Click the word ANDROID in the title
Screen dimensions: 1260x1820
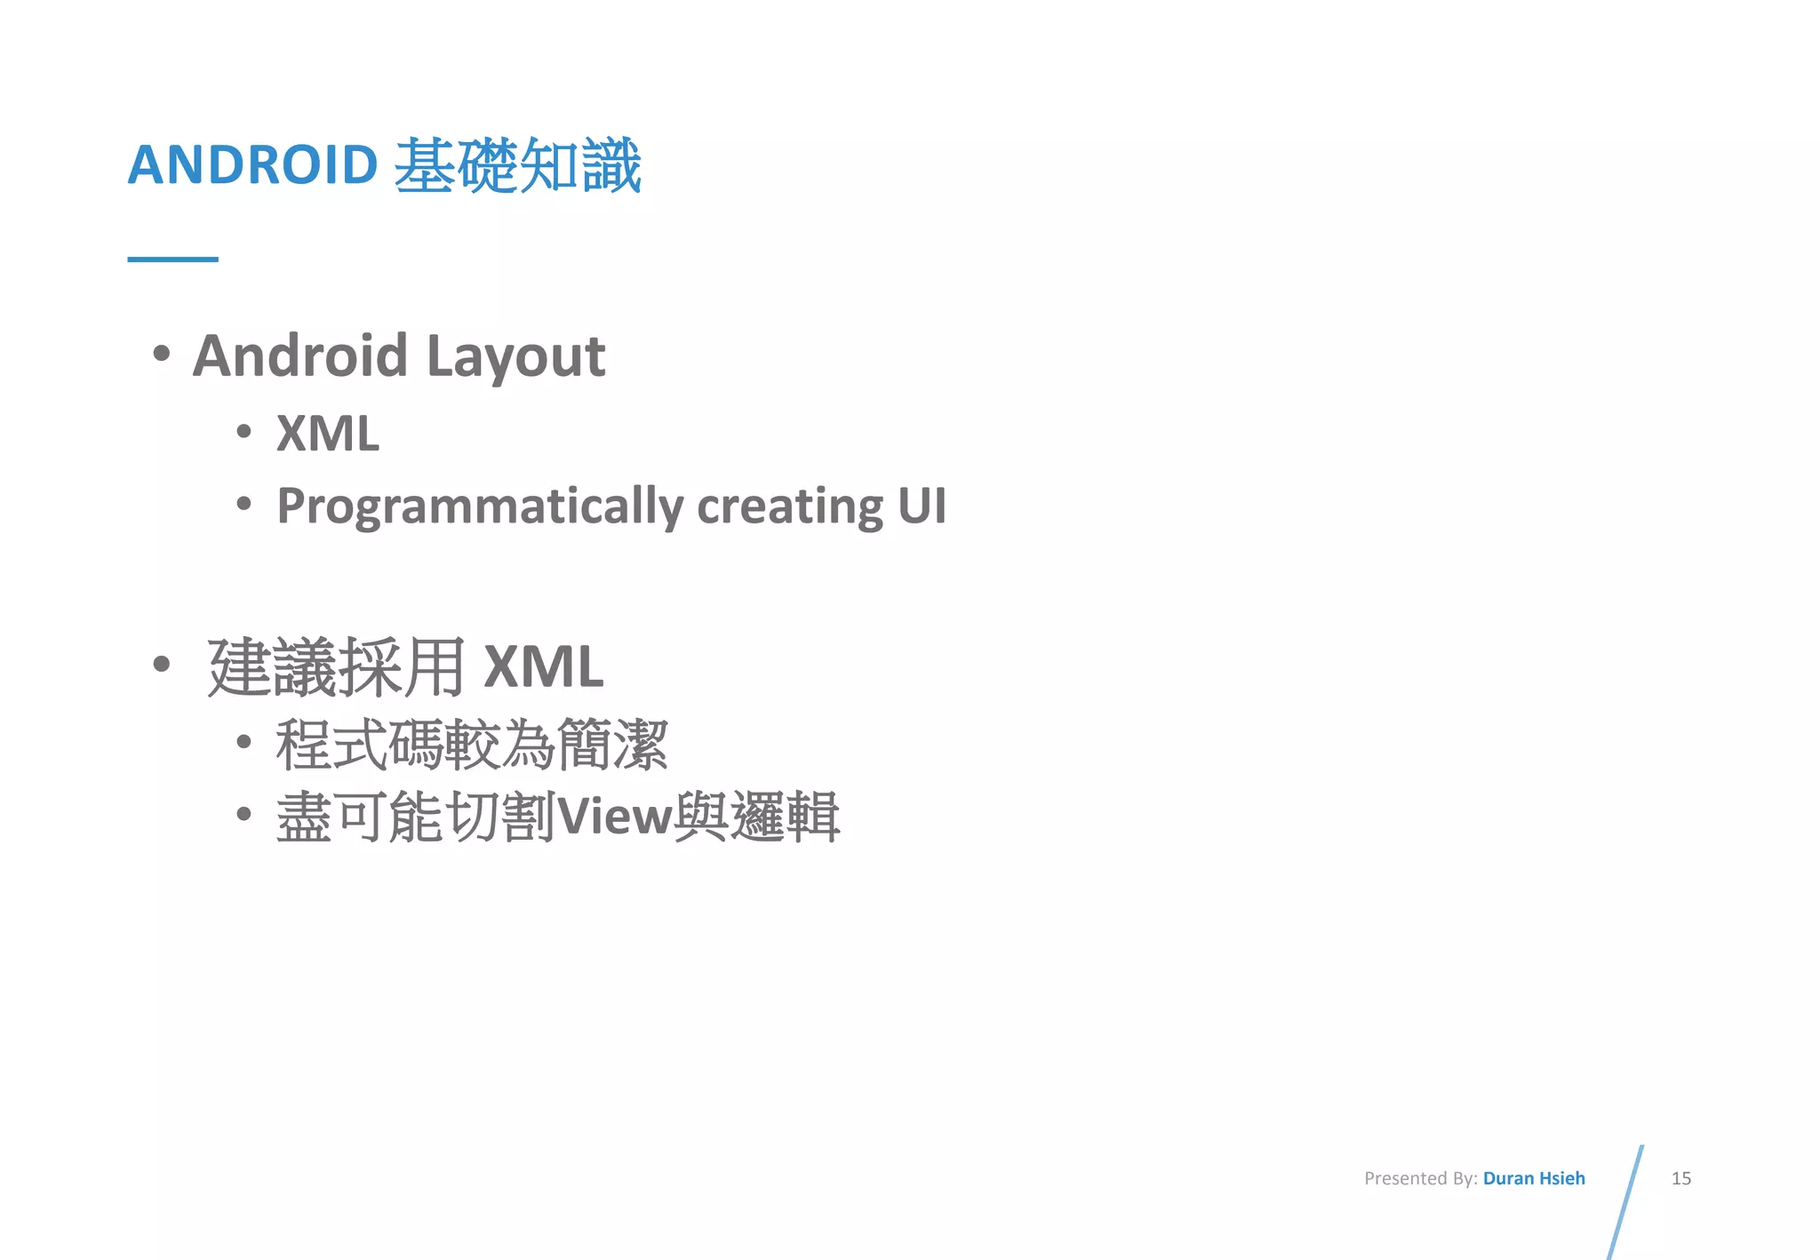pyautogui.click(x=252, y=165)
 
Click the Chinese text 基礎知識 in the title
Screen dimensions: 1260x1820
pyautogui.click(x=517, y=166)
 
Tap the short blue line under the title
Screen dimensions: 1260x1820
pyautogui.click(x=172, y=259)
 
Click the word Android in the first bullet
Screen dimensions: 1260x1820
pyautogui.click(x=300, y=355)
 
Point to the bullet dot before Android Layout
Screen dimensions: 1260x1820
pyautogui.click(x=161, y=354)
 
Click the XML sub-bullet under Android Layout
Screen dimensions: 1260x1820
pyautogui.click(x=328, y=434)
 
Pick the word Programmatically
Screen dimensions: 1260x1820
pyautogui.click(x=480, y=506)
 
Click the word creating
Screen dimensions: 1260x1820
pyautogui.click(x=789, y=506)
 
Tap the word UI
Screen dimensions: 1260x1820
pyautogui.click(x=922, y=505)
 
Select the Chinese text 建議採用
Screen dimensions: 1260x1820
pyautogui.click(x=336, y=667)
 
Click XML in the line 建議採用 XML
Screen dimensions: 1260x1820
pyautogui.click(x=543, y=667)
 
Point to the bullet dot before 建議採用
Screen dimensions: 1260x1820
pyautogui.click(x=161, y=664)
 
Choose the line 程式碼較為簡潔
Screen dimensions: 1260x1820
pyautogui.click(x=471, y=745)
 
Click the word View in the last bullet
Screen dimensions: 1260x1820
pyautogui.click(x=614, y=817)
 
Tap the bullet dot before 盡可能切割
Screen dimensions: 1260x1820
pyautogui.click(x=244, y=813)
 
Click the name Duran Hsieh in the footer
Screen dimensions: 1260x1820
pyautogui.click(x=1534, y=1178)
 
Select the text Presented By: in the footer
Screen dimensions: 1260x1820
pyautogui.click(x=1420, y=1178)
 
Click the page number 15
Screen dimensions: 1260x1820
pyautogui.click(x=1680, y=1178)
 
